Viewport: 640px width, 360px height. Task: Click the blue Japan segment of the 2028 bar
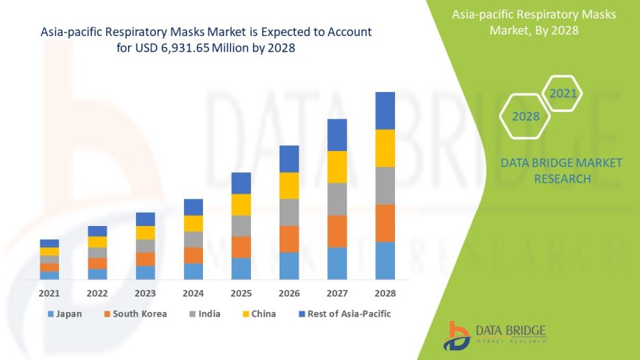pos(385,261)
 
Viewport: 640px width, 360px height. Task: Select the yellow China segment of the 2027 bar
pos(337,167)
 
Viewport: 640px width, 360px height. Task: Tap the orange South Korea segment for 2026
pos(289,239)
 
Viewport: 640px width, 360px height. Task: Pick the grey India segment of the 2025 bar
pos(241,226)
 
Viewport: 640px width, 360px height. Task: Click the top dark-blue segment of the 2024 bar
pos(193,207)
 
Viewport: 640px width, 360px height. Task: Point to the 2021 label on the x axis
pos(49,293)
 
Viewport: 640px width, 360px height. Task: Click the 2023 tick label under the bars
pos(145,293)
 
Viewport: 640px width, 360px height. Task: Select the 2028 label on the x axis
pos(385,293)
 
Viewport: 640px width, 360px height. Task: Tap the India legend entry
pos(207,314)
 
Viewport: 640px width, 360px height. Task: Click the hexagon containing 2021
pos(563,93)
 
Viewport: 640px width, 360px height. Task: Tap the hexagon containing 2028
pos(525,116)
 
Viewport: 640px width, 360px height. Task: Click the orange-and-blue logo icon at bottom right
pos(458,336)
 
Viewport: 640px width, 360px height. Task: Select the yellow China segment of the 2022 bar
pos(97,241)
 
